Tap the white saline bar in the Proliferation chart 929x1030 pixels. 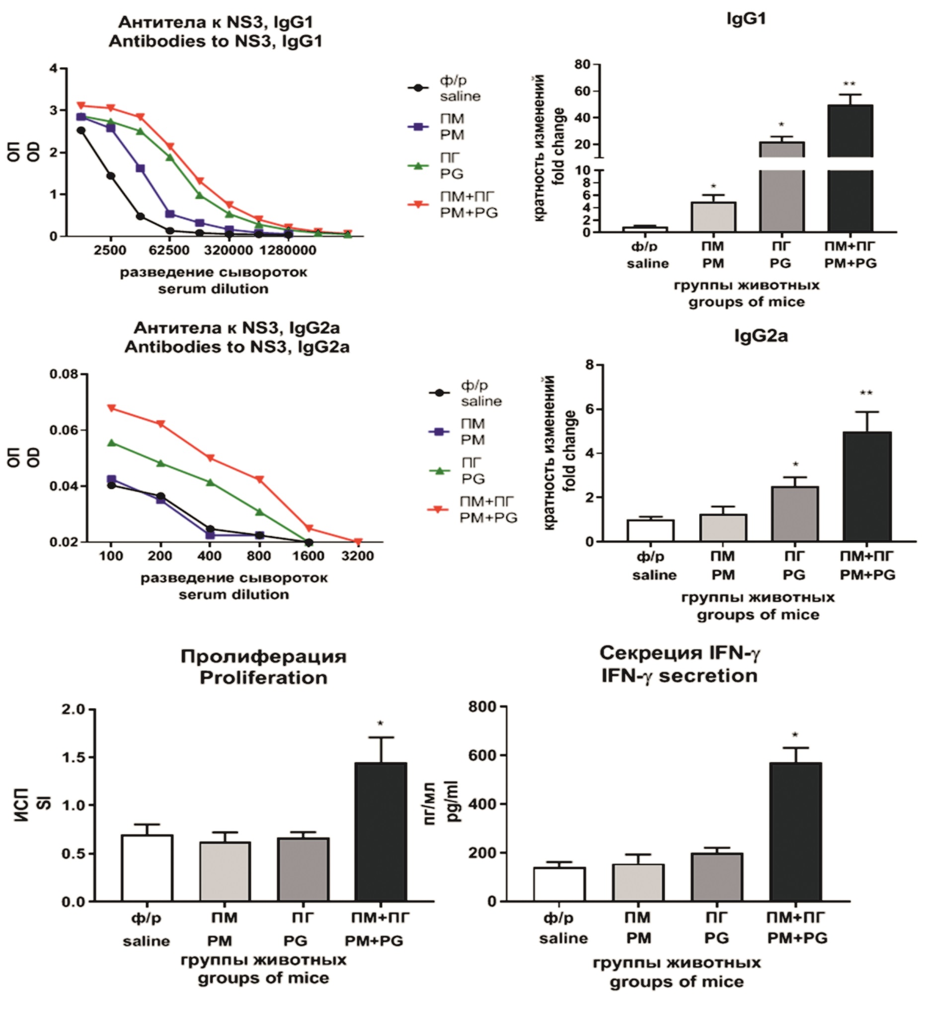[x=147, y=868]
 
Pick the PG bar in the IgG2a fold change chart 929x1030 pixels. [x=795, y=514]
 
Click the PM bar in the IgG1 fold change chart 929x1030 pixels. [x=713, y=217]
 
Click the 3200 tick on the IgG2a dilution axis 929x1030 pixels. [x=357, y=555]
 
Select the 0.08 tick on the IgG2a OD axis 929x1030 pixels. [x=64, y=374]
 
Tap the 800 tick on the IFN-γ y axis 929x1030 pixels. [x=482, y=707]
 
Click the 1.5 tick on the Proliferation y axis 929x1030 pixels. [x=74, y=757]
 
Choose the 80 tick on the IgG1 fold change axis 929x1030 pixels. [x=582, y=64]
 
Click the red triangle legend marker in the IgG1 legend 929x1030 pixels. [x=418, y=204]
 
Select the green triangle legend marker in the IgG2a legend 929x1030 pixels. [x=439, y=471]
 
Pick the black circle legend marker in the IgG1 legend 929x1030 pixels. [x=418, y=88]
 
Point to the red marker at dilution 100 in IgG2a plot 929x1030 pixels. [x=111, y=408]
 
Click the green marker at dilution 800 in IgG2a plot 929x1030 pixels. [x=259, y=511]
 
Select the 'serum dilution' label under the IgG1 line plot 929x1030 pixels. [x=213, y=289]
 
